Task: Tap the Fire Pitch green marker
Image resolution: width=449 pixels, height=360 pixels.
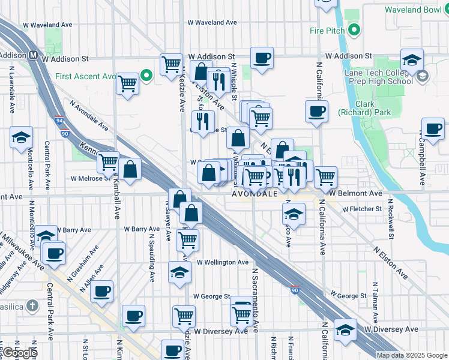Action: tap(355, 30)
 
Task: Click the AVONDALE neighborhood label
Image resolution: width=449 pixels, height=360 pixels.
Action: tap(254, 194)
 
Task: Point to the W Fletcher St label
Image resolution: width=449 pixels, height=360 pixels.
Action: tap(362, 209)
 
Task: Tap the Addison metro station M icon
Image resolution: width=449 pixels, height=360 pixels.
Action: tap(34, 55)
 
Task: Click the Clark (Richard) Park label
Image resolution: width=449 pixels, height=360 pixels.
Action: tap(364, 107)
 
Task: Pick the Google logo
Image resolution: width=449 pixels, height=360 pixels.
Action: tap(19, 353)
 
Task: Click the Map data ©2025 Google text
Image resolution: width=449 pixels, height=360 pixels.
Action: tap(412, 355)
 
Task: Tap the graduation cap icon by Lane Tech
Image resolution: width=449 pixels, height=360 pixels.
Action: tap(412, 61)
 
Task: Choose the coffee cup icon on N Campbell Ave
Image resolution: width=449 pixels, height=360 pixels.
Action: tap(432, 128)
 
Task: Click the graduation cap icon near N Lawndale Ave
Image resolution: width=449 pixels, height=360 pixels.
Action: tap(21, 138)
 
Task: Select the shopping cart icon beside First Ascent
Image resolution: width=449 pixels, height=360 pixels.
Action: tap(128, 85)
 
